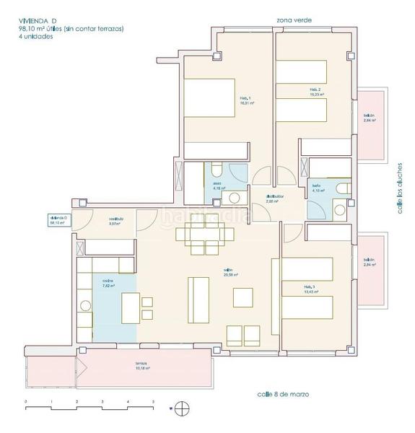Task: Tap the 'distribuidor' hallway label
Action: pos(274,198)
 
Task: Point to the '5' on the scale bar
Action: pos(152,401)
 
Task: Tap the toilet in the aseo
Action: pos(216,171)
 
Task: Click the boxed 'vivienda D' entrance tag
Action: pos(58,221)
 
